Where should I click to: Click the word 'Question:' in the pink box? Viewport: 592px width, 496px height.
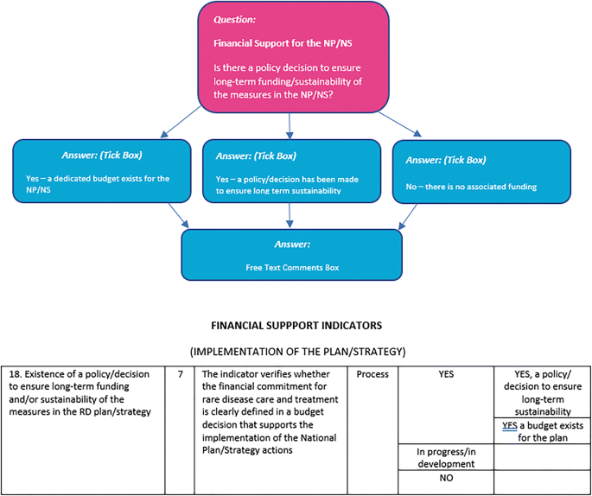pyautogui.click(x=236, y=19)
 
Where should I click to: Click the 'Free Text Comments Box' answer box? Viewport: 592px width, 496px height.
pyautogui.click(x=291, y=255)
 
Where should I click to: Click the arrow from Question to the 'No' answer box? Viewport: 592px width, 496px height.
pyautogui.click(x=402, y=125)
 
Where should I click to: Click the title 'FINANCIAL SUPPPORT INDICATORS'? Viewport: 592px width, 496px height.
pyautogui.click(x=296, y=327)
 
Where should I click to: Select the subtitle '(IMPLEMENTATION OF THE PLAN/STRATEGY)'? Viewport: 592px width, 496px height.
pyautogui.click(x=296, y=353)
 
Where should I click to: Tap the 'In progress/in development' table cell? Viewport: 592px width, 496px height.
pyautogui.click(x=447, y=458)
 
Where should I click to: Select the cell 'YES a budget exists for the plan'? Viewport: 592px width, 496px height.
pyautogui.click(x=543, y=431)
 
